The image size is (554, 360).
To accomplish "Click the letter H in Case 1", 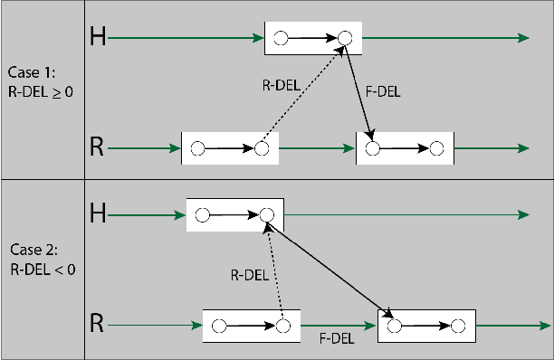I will click(x=98, y=37).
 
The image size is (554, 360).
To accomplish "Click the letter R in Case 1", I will click(x=98, y=147).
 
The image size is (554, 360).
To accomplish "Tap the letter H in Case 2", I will click(x=98, y=214).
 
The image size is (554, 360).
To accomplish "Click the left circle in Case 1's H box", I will click(x=281, y=38).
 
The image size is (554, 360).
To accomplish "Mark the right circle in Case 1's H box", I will click(x=344, y=38).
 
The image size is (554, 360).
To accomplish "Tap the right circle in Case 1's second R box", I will click(x=436, y=147).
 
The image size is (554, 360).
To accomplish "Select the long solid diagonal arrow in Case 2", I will click(x=330, y=268).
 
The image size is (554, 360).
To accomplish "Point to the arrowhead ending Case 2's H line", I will click(x=523, y=215).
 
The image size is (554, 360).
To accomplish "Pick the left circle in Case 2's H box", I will click(x=202, y=215).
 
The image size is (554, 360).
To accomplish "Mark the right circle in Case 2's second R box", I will click(x=458, y=325).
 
